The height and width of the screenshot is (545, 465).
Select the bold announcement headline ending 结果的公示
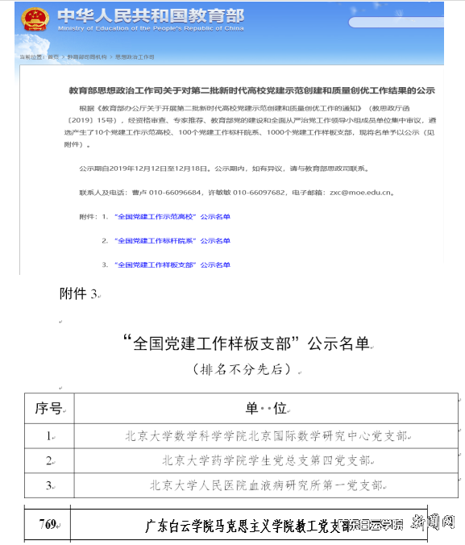click(x=251, y=91)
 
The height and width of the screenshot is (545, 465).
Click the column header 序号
click(x=48, y=408)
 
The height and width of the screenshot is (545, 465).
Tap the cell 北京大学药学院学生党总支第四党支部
click(x=266, y=461)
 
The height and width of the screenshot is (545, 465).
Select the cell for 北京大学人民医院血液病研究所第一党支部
click(x=266, y=485)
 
